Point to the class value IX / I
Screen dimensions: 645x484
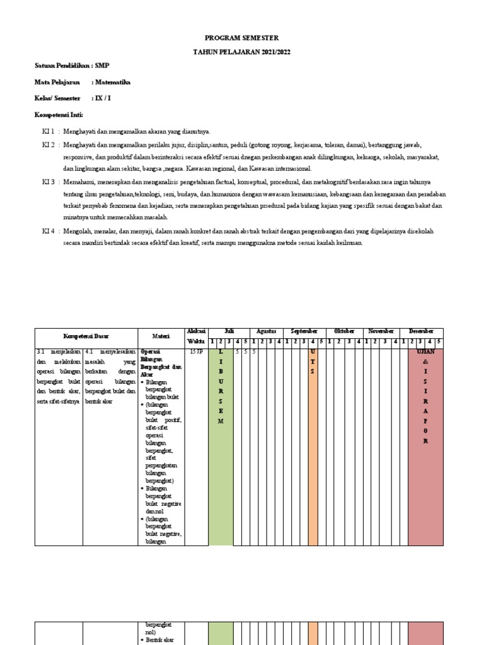pos(104,98)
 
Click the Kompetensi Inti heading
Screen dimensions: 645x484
pos(58,115)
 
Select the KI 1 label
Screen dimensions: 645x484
pos(48,131)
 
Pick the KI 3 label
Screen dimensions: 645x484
pos(48,181)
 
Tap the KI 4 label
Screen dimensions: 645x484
pos(48,231)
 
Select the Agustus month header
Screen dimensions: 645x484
pos(267,331)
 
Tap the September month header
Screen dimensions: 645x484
pos(304,331)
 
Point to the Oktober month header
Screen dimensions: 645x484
pos(344,331)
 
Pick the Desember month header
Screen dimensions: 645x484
pos(421,331)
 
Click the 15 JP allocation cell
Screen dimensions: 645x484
pos(196,351)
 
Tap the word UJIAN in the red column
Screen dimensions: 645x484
pos(425,351)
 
